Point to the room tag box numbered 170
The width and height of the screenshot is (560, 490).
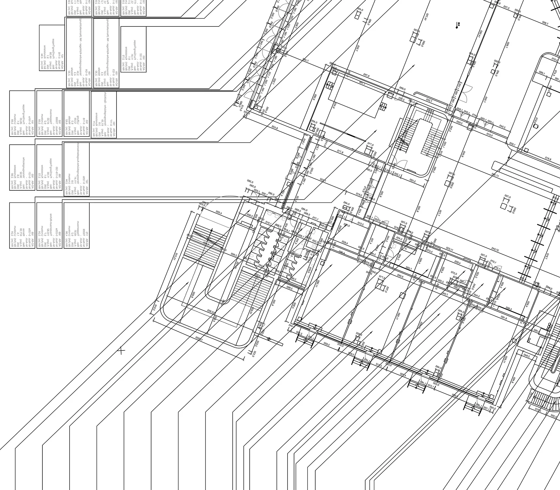click(x=77, y=225)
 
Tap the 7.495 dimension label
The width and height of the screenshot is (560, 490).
click(x=305, y=60)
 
